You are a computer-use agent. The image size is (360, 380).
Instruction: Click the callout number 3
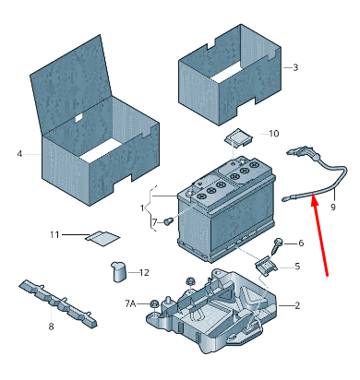coord(295,67)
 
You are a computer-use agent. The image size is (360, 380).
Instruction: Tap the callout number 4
coord(19,153)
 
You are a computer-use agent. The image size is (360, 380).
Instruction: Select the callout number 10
coord(274,134)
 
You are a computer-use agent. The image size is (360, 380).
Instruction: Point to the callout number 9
coord(333,207)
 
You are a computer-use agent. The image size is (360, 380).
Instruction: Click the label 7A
coord(130,303)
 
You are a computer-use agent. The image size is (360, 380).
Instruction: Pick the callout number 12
coord(144,272)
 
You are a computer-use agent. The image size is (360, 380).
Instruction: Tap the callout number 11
coord(54,235)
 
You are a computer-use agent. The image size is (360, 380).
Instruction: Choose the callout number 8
coord(51,327)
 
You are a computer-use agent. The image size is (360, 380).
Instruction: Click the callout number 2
coord(297,305)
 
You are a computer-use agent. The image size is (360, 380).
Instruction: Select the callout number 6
coord(301,243)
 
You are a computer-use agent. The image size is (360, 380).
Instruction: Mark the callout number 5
coord(297,266)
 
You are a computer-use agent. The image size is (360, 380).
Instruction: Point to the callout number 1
coord(142,208)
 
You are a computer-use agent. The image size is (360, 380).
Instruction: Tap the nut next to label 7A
coord(153,304)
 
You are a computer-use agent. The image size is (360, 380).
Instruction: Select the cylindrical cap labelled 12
coord(118,271)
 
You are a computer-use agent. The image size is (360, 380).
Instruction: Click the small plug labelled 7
coord(168,220)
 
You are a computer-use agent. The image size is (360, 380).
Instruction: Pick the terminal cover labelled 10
coord(238,137)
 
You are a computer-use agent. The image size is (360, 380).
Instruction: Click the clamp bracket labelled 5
coord(267,265)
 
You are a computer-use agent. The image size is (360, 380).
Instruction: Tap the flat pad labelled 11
coord(102,238)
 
